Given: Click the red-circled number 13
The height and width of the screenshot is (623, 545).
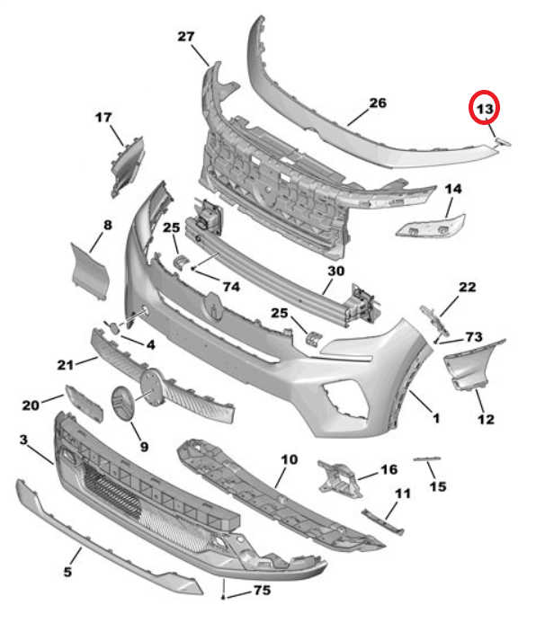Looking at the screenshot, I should pos(486,109).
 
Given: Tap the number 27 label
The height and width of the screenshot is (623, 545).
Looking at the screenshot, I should pos(186,37).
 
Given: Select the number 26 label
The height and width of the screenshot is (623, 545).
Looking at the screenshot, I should pos(377,103).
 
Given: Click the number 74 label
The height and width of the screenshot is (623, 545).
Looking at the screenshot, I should pos(230,287).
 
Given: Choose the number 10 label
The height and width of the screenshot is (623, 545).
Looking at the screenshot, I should pos(289,459).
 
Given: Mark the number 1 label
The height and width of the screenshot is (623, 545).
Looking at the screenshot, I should pos(434,418).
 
